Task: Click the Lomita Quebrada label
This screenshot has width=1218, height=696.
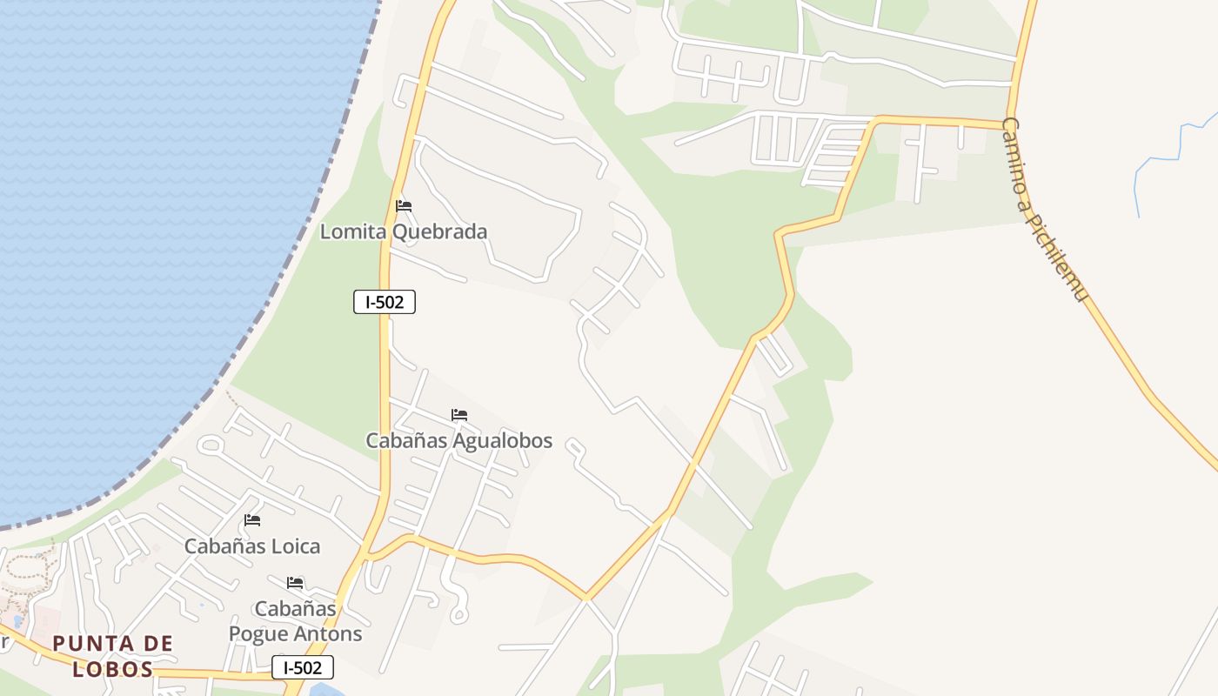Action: click(x=404, y=231)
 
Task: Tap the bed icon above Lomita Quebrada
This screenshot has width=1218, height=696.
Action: click(x=404, y=206)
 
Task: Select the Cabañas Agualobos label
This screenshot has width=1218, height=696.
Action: click(x=458, y=440)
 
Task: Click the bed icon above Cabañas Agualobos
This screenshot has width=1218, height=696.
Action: click(x=459, y=415)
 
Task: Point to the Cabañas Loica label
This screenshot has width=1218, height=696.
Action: click(x=252, y=546)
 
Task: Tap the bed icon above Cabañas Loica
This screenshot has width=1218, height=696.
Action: click(x=252, y=520)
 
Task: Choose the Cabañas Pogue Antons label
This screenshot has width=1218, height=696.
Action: click(x=295, y=620)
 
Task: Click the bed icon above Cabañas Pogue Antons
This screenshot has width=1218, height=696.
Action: click(x=295, y=582)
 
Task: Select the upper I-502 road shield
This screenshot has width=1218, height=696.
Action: click(x=385, y=302)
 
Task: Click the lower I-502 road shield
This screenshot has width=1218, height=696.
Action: click(x=303, y=667)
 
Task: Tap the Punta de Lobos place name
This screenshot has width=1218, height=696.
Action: click(x=113, y=656)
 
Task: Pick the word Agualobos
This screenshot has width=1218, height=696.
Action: click(x=502, y=440)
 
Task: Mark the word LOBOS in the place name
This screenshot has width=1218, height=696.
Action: click(x=113, y=669)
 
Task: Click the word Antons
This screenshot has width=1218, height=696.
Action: click(x=329, y=633)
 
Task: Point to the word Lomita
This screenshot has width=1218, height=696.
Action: click(x=354, y=231)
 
